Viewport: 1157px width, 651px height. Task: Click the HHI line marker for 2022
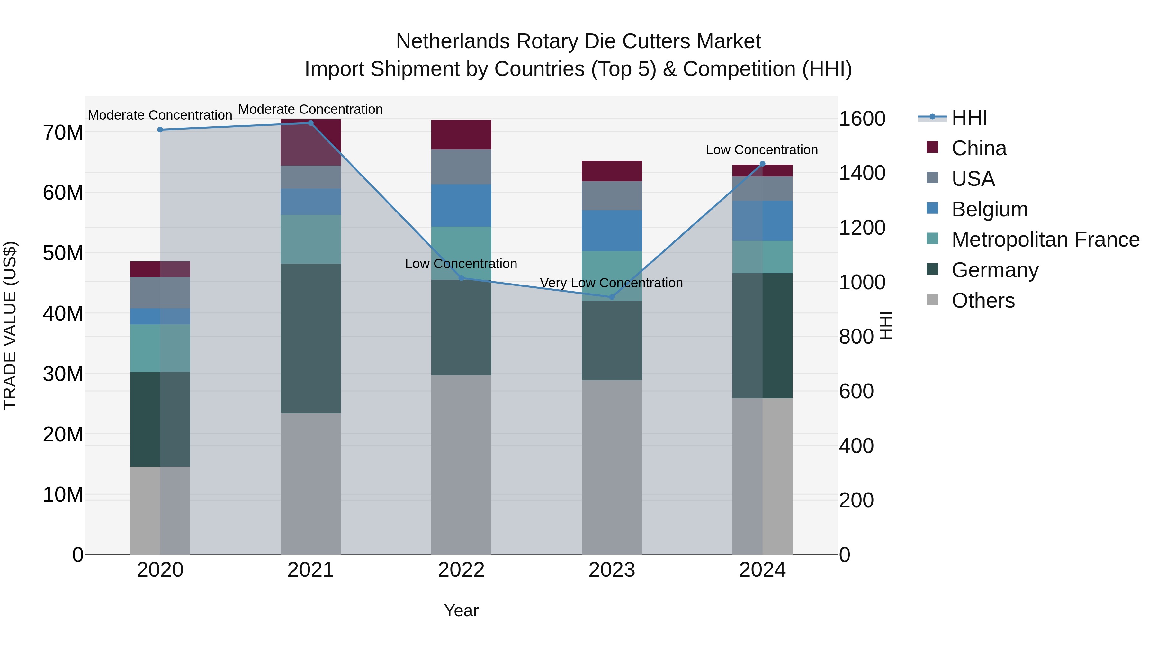pos(461,278)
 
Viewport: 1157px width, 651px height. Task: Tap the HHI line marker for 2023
pos(611,297)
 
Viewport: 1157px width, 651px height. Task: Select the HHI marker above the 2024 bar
pos(762,164)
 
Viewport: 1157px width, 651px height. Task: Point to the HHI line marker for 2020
pos(160,130)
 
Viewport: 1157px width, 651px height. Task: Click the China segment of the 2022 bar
pos(461,134)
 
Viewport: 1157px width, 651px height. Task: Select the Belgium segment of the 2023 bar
pos(611,231)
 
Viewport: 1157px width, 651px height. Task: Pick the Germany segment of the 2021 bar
pos(310,338)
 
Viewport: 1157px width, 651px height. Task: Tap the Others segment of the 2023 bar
pos(611,467)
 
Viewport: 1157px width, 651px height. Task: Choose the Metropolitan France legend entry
pos(1045,240)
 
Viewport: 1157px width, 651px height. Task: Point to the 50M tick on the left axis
pos(63,253)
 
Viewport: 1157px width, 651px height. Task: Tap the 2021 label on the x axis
pos(310,570)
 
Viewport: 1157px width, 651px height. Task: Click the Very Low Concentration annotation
pos(611,283)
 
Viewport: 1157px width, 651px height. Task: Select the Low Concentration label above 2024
pos(762,150)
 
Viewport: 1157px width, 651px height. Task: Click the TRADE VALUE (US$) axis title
pos(10,325)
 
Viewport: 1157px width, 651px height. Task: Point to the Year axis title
pos(461,610)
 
